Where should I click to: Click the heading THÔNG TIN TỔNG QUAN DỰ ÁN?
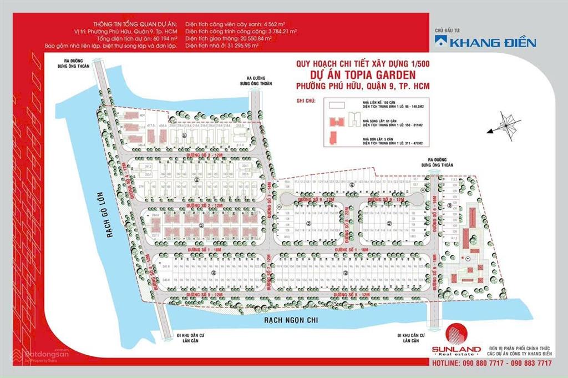(143, 24)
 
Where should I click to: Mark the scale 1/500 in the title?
(416, 64)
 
